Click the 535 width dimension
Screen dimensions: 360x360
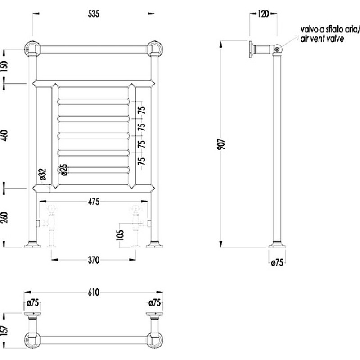94,14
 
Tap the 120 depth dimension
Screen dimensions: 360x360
263,14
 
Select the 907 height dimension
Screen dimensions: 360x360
221,144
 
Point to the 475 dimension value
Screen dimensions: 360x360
94,202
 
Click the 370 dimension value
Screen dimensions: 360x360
94,260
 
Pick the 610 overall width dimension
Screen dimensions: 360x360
94,292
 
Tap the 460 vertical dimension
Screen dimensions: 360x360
4,135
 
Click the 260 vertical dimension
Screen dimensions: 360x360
4,218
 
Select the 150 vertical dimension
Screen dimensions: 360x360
4,66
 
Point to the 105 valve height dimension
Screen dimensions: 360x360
120,235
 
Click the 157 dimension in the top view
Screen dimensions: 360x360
4,330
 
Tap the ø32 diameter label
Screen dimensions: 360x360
43,175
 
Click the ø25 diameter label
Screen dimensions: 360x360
64,170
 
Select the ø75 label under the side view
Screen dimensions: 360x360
277,263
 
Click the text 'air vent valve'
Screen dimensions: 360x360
322,38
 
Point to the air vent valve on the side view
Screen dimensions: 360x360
277,49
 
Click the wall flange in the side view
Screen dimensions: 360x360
252,49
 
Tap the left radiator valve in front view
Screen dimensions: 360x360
51,226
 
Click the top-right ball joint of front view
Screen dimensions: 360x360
155,49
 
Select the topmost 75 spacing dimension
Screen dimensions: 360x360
143,110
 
